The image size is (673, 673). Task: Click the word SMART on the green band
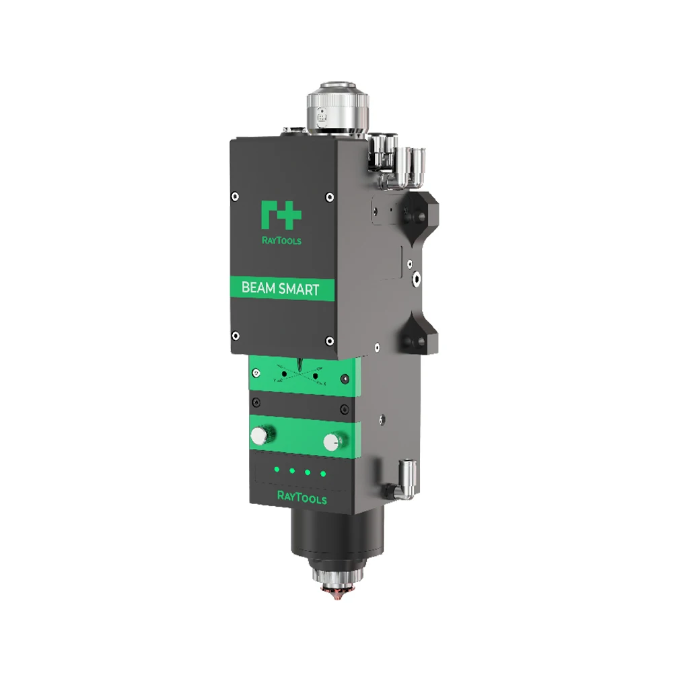tap(299, 289)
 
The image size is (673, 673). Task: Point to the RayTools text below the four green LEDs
tap(302, 498)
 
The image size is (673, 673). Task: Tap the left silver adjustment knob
tap(258, 436)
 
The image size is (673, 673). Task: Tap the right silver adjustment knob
tap(331, 441)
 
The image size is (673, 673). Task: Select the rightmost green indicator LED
tap(323, 474)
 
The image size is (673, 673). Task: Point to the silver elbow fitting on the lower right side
tap(406, 479)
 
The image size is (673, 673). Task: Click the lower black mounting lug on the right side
tap(420, 336)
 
